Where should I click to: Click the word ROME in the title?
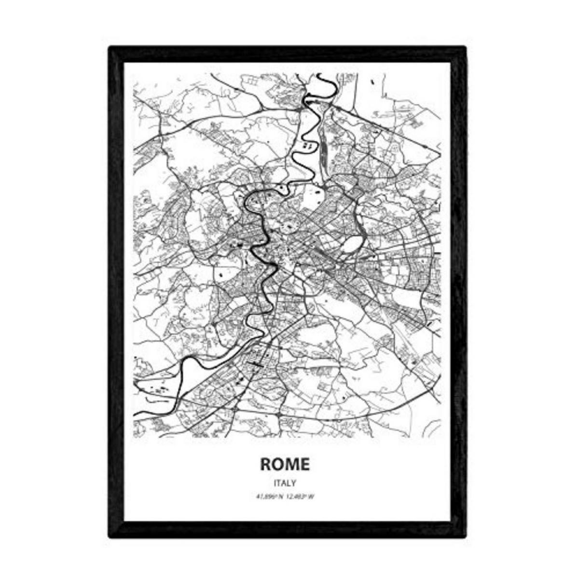(285, 464)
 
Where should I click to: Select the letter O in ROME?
(278, 464)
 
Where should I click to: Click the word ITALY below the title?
(285, 482)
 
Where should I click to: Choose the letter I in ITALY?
(275, 482)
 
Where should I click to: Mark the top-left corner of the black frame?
(110, 47)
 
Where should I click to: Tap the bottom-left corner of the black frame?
(110, 536)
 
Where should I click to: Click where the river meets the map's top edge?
(319, 74)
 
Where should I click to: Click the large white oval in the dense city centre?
(351, 244)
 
